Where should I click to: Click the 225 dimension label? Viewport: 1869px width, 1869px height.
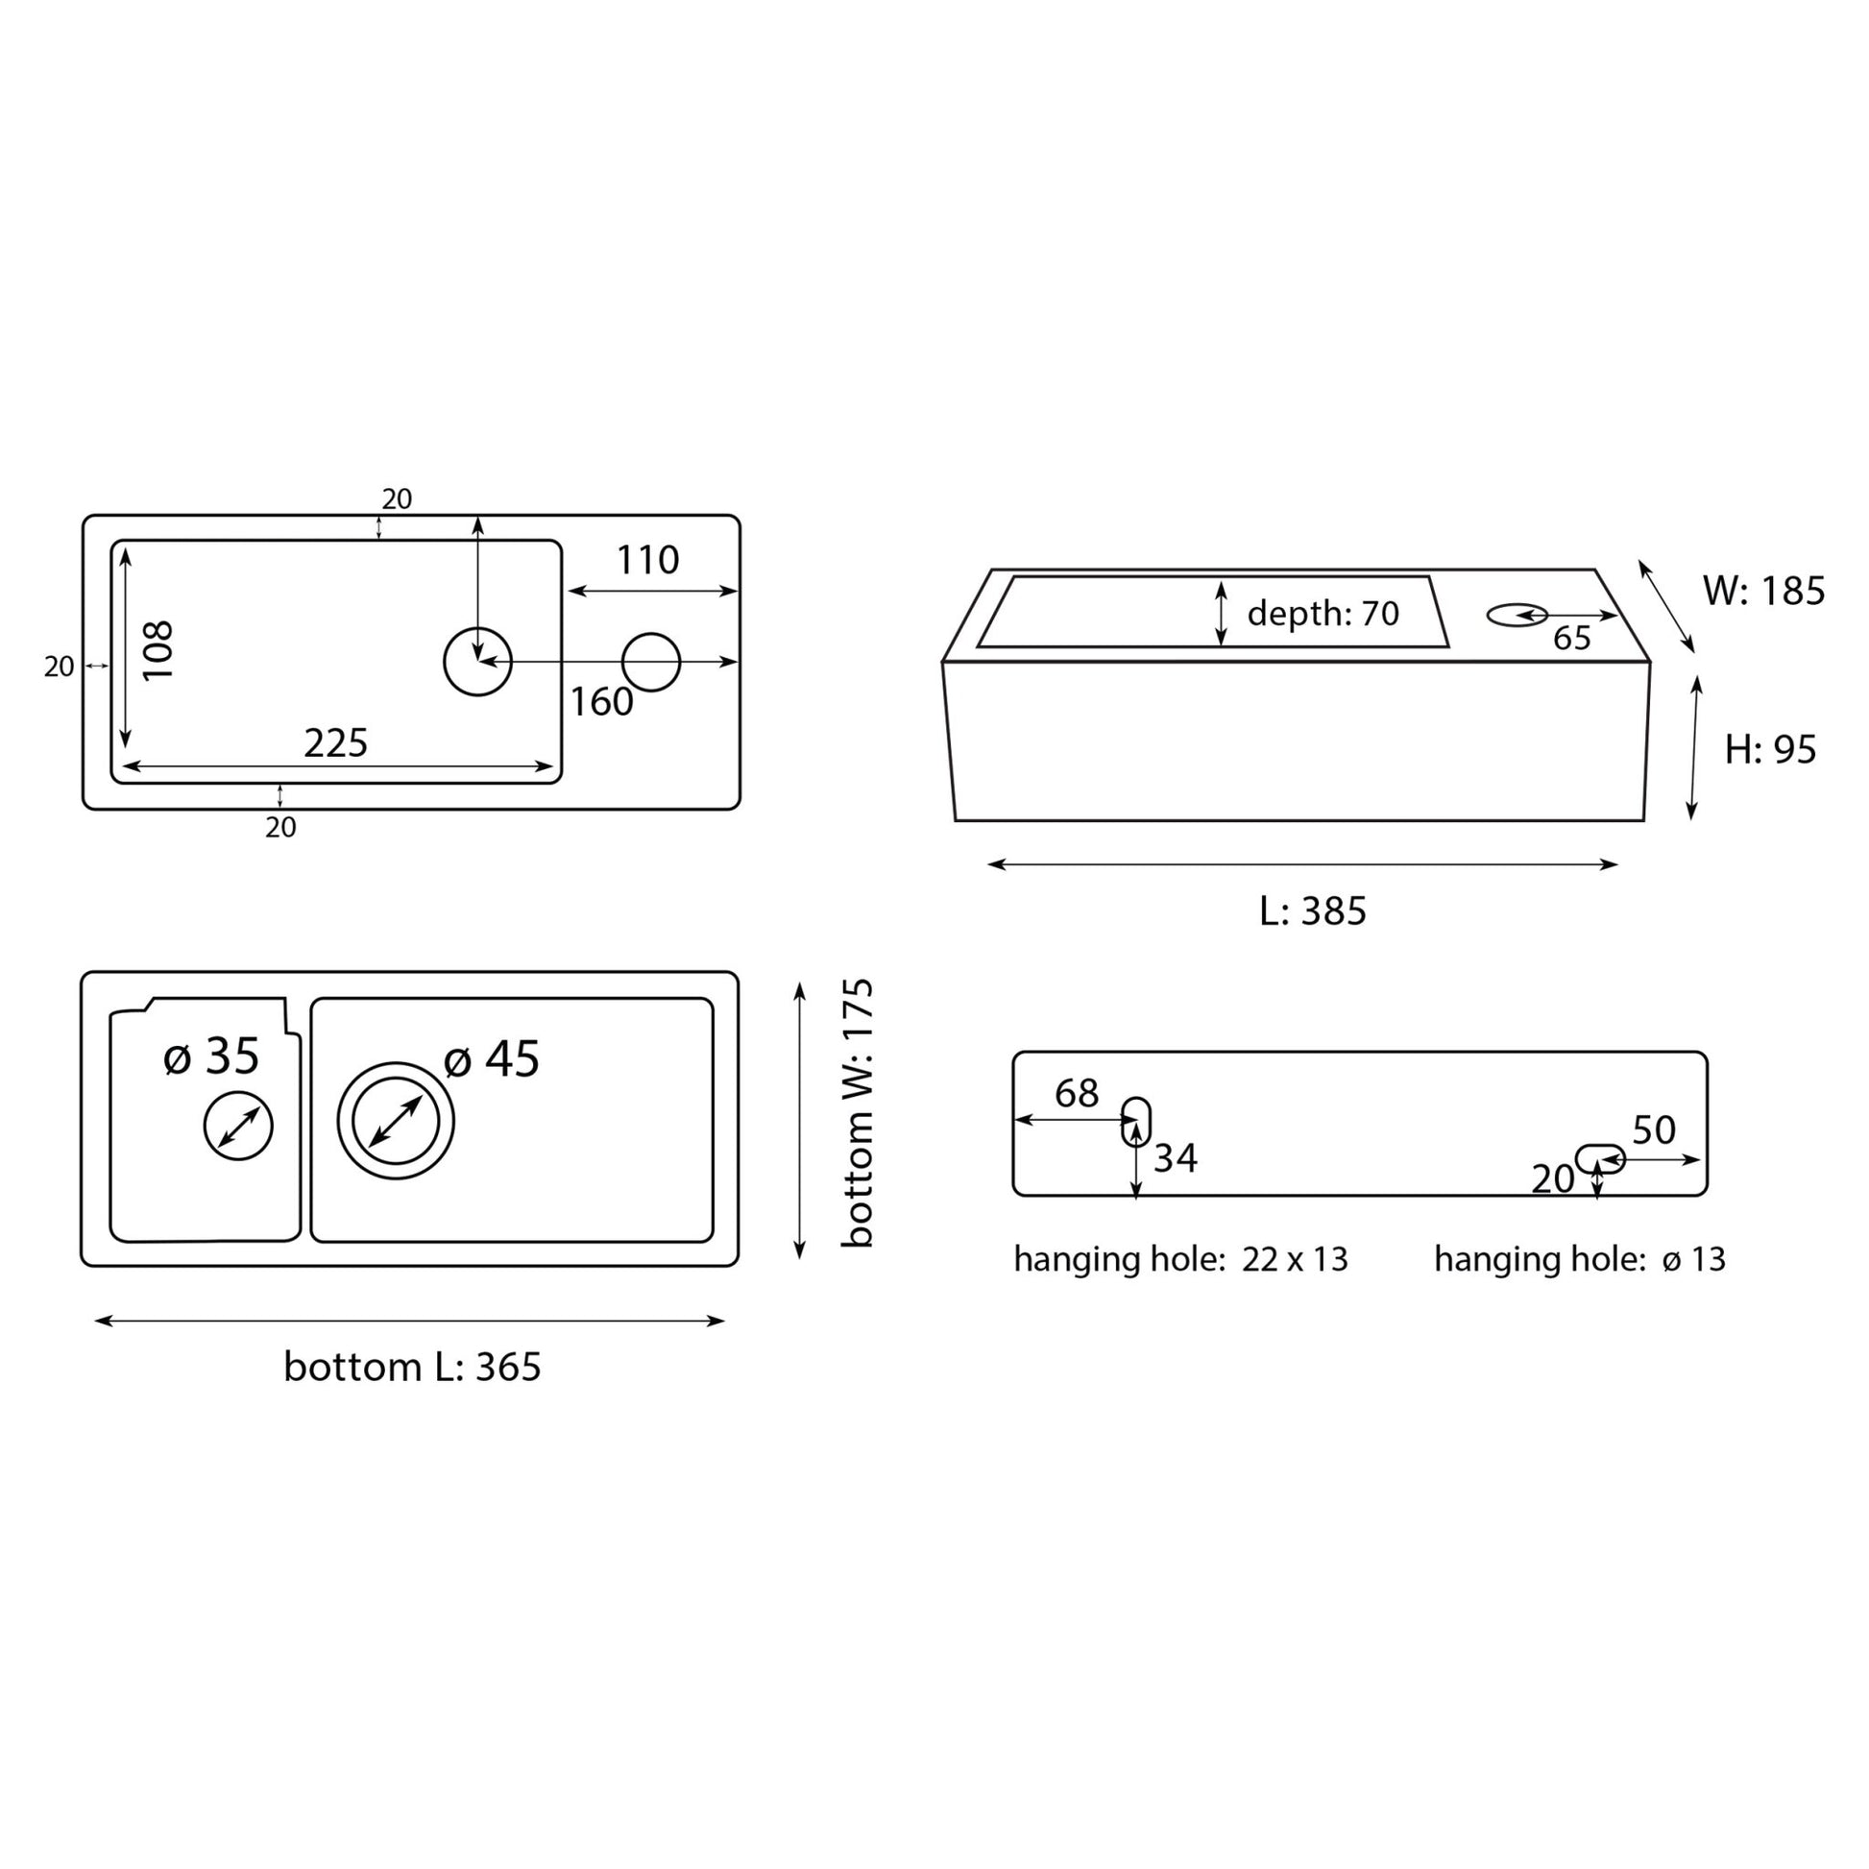[336, 743]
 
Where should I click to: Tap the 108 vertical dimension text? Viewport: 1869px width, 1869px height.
[158, 650]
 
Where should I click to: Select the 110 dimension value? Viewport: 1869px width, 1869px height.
[647, 560]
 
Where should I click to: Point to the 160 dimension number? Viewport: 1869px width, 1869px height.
[601, 702]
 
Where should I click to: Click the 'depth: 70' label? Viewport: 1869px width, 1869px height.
[1323, 614]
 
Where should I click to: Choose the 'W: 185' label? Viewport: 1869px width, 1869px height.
[1762, 591]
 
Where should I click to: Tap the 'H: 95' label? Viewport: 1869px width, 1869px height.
[1770, 750]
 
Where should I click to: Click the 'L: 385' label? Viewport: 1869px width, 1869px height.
[1312, 911]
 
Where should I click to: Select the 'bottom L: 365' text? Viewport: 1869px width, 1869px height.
[412, 1367]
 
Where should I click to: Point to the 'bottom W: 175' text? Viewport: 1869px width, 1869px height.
[857, 1113]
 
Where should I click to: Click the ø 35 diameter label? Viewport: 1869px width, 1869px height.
[212, 1056]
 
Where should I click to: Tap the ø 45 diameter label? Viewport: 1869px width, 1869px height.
[492, 1059]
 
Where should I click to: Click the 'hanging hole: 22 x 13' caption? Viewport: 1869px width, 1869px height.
[1180, 1259]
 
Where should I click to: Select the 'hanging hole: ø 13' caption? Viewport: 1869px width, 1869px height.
[1579, 1259]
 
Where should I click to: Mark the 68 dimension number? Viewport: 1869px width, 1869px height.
[1076, 1093]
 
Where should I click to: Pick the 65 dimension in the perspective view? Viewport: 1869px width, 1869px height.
[1572, 639]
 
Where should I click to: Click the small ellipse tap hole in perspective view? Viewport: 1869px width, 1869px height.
[1516, 615]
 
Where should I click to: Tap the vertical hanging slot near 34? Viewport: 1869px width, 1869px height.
[1136, 1122]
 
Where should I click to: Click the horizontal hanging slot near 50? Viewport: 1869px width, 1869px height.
[1599, 1158]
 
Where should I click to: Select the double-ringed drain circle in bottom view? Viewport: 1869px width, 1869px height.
[396, 1121]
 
